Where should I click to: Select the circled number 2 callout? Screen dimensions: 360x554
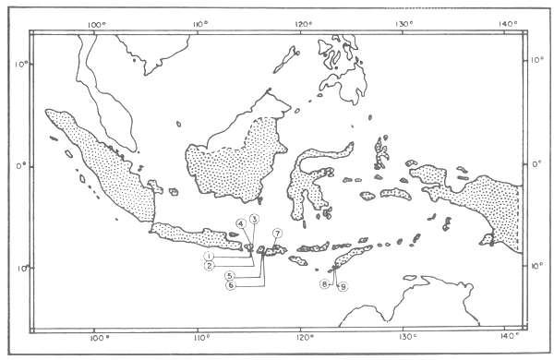pyautogui.click(x=211, y=267)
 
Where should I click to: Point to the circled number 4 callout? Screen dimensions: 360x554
pyautogui.click(x=240, y=223)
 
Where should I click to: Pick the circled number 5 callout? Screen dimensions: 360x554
pyautogui.click(x=229, y=275)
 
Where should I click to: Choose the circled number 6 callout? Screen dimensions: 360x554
pyautogui.click(x=230, y=285)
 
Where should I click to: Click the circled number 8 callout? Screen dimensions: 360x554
pyautogui.click(x=325, y=284)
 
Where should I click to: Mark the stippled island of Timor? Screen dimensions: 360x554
pyautogui.click(x=351, y=258)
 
